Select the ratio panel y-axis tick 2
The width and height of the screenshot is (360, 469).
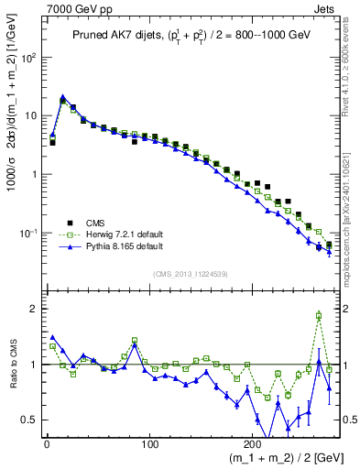(x=34, y=309)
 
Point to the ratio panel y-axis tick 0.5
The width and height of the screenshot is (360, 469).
(x=29, y=420)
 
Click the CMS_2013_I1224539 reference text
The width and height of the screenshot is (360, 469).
(x=190, y=273)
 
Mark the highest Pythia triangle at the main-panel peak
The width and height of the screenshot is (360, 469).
(x=62, y=96)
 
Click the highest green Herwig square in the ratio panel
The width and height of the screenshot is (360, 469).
(x=319, y=315)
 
